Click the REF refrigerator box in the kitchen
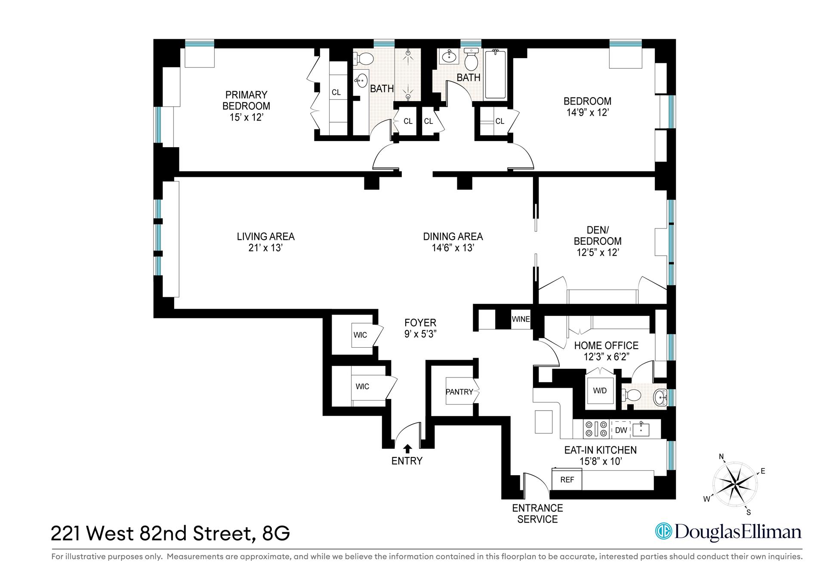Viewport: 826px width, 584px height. click(567, 479)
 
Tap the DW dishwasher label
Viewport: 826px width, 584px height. click(621, 430)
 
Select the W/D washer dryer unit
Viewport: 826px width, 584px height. click(600, 390)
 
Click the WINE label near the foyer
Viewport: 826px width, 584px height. click(521, 319)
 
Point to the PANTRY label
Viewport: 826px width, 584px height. click(459, 392)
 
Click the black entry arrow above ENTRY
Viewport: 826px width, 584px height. click(407, 449)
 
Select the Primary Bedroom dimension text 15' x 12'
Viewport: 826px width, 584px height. click(246, 117)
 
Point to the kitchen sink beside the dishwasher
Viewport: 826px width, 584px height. click(641, 429)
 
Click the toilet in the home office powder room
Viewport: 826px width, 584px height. click(629, 395)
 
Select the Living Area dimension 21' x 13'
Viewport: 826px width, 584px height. click(265, 248)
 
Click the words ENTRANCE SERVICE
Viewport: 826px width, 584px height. click(537, 513)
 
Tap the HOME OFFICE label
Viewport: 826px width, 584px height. click(606, 346)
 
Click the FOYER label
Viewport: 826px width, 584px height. click(420, 323)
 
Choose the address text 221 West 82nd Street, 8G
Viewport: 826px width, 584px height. click(170, 534)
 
